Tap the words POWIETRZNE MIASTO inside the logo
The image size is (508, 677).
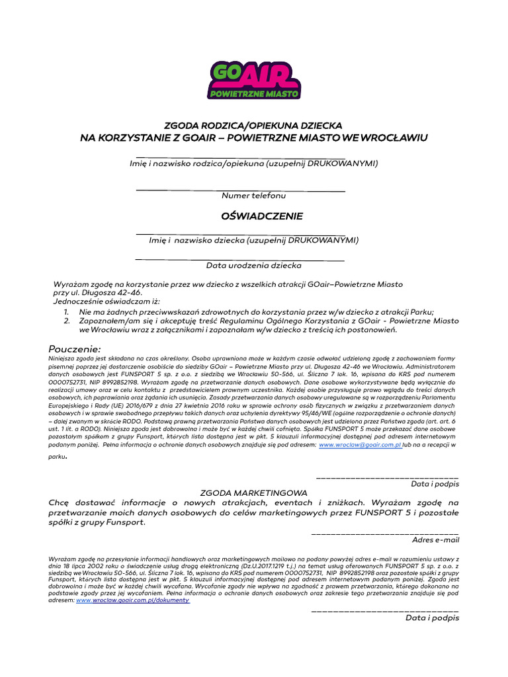click(x=254, y=95)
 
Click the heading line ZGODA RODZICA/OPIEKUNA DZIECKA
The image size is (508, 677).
click(x=254, y=126)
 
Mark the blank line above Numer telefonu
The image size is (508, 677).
click(x=241, y=190)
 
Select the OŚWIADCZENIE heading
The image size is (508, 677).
click(x=254, y=216)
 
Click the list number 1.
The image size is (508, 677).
click(x=67, y=311)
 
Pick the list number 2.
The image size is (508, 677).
click(x=67, y=321)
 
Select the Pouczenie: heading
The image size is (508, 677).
click(x=75, y=348)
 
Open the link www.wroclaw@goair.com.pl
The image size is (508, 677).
click(x=360, y=446)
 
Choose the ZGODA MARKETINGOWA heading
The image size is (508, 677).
click(x=254, y=493)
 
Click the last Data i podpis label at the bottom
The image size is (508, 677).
click(x=432, y=617)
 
